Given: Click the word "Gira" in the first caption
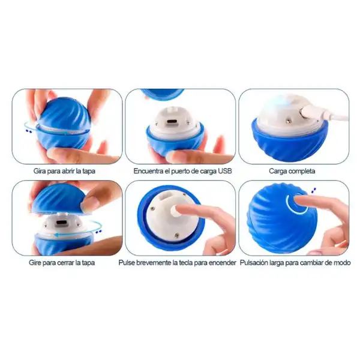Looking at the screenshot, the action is [x=39, y=171].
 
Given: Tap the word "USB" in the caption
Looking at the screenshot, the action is [x=225, y=171].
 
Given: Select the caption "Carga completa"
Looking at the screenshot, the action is [x=292, y=171].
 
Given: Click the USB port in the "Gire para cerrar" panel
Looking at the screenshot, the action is [x=61, y=223].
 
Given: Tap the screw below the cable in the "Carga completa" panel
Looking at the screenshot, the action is [x=287, y=120].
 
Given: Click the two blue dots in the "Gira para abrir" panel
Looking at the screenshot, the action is [x=29, y=131].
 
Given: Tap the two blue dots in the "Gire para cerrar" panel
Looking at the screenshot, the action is [x=99, y=232].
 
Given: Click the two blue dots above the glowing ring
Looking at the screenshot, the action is [x=313, y=190].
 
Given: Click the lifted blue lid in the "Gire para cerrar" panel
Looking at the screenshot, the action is [x=59, y=199].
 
